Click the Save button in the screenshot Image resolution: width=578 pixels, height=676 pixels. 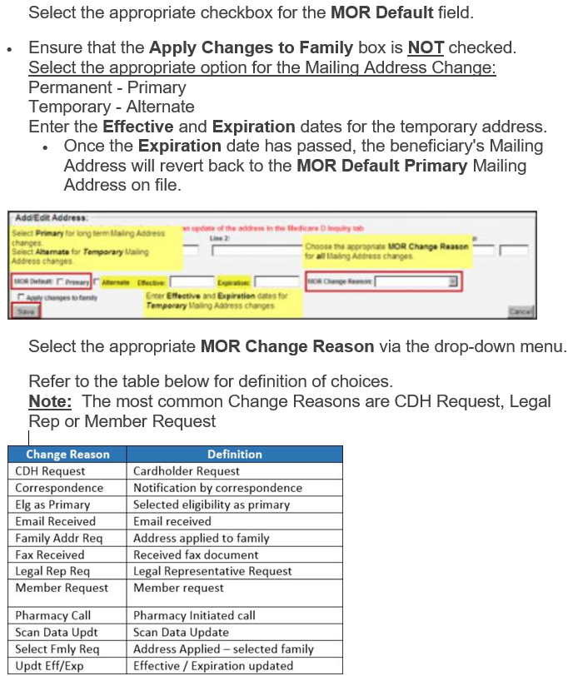pos(26,311)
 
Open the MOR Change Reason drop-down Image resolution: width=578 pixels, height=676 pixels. pos(453,282)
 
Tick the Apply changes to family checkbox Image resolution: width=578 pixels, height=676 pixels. pos(20,297)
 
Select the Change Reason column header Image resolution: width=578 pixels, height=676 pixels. pos(67,455)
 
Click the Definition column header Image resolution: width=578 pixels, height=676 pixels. pos(234,455)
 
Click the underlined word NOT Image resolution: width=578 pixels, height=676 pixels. pos(425,48)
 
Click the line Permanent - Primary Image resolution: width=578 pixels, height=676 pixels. pos(107,87)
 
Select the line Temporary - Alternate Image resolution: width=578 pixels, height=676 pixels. pos(112,107)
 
